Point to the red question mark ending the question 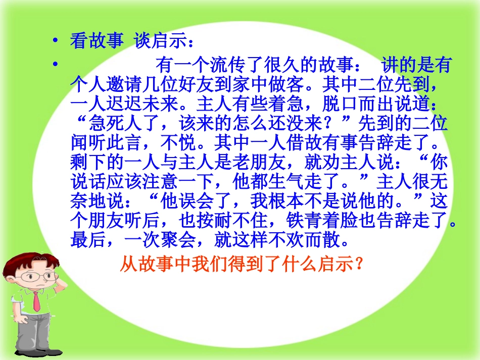click(x=360, y=264)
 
